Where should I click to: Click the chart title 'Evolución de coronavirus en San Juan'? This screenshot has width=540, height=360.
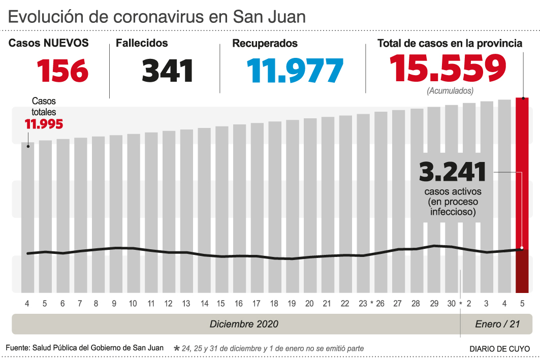point(157,16)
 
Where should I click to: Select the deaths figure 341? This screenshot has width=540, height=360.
point(168,71)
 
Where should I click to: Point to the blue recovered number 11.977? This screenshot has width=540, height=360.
point(295,71)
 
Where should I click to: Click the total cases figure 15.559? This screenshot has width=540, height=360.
point(448,69)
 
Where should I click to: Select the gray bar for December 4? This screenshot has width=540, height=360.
point(27,218)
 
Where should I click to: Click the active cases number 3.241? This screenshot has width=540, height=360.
point(453,172)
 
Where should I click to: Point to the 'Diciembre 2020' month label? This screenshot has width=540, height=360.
point(244,324)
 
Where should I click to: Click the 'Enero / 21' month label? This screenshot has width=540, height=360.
point(497,324)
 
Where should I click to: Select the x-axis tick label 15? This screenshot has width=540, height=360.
point(221,304)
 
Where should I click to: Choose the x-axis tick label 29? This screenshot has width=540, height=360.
point(434,304)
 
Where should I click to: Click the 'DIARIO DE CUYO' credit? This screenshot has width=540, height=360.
point(499,349)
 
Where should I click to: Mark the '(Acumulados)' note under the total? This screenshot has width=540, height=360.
point(450,91)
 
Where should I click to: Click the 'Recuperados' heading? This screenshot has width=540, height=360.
point(265,44)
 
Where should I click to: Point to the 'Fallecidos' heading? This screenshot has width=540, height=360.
point(142,44)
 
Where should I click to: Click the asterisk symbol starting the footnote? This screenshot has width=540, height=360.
point(177,348)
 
